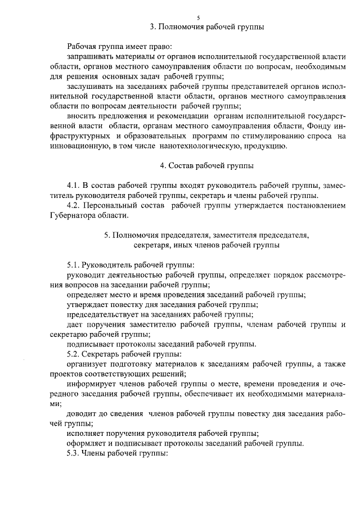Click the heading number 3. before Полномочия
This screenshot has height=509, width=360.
[x=153, y=27]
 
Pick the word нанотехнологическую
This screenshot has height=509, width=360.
[x=208, y=146]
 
